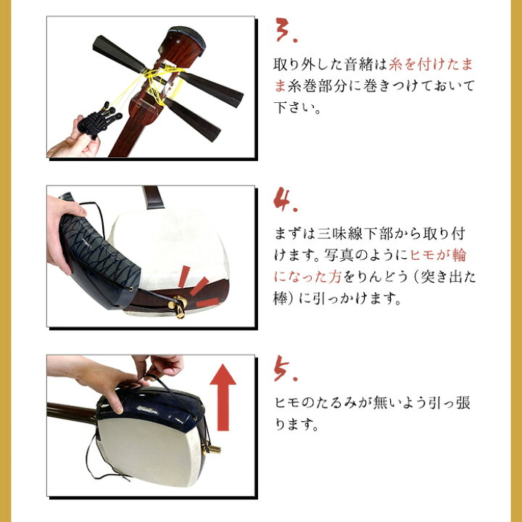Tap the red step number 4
click(285, 199)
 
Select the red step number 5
click(285, 368)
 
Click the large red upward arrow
click(223, 397)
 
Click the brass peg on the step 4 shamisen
click(178, 306)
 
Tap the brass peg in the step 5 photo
click(211, 448)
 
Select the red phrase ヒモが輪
click(438, 255)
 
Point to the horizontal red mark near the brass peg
click(207, 302)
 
